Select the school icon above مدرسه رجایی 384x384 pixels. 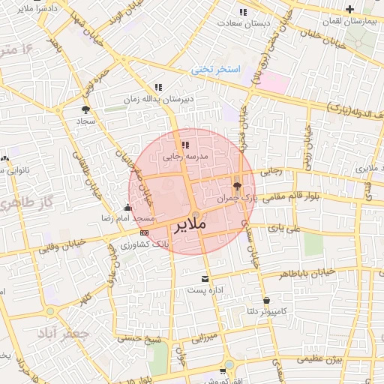tap(184, 145)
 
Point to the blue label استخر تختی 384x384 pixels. tap(215, 70)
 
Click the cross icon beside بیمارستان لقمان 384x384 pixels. tap(350, 9)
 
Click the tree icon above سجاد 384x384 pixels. tap(85, 109)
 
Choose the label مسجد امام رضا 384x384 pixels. tap(130, 217)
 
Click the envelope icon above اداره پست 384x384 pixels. tap(205, 278)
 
